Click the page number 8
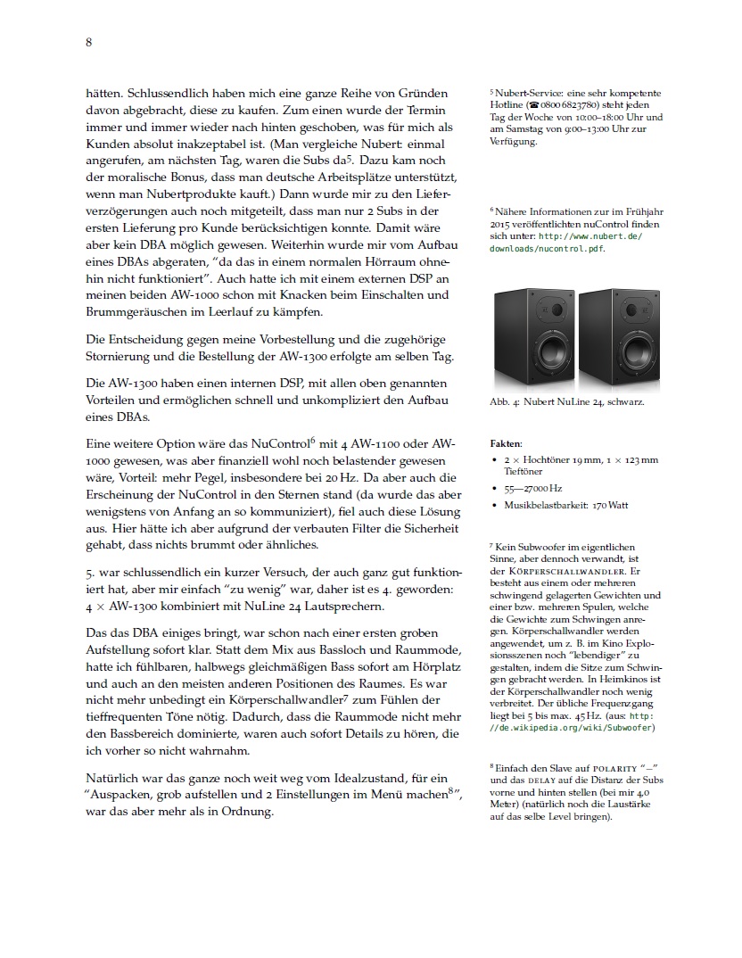[x=89, y=42]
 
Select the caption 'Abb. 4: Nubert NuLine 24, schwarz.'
[x=566, y=402]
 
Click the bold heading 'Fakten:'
[x=507, y=443]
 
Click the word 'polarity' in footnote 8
[x=613, y=767]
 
